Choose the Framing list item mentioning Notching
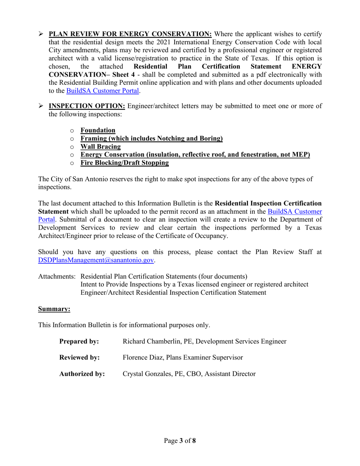151,139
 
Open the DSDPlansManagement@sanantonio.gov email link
96,260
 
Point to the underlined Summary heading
54,309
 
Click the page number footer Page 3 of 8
180,441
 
